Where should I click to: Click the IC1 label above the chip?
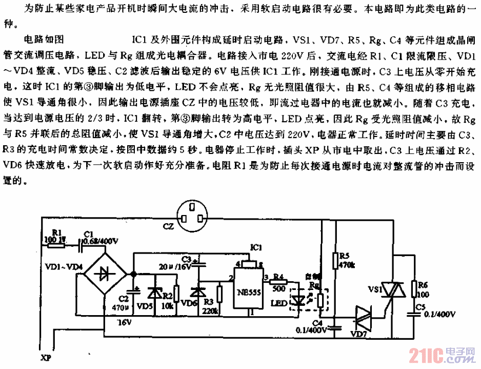click(256, 247)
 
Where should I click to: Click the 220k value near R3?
click(208, 312)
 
